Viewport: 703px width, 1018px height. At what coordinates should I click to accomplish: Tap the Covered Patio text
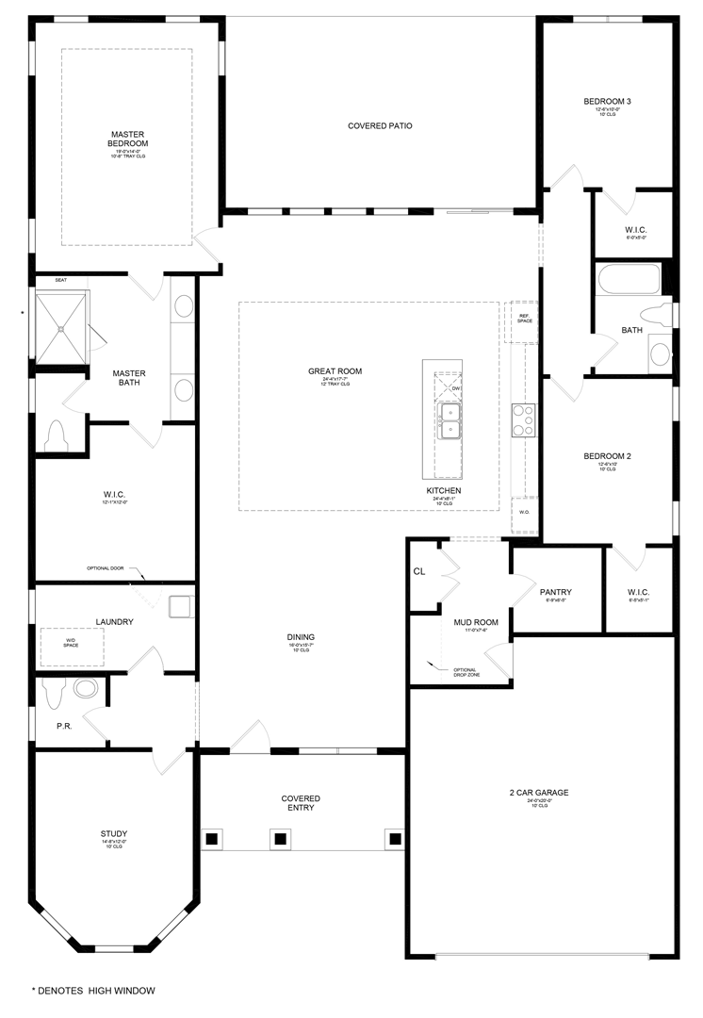click(x=380, y=125)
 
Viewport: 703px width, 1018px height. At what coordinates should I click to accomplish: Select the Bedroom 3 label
click(x=607, y=102)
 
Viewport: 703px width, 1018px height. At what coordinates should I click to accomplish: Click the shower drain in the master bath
click(x=62, y=328)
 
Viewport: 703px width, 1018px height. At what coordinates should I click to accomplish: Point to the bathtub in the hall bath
click(x=628, y=280)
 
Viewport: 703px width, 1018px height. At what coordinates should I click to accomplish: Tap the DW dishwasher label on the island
click(x=455, y=388)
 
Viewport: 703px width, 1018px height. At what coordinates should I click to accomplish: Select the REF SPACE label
click(x=524, y=318)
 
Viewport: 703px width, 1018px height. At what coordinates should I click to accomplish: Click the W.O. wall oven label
click(x=525, y=513)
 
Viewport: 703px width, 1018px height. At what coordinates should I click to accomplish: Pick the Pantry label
click(x=556, y=593)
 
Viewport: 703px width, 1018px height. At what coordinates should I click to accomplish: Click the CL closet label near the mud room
click(x=419, y=571)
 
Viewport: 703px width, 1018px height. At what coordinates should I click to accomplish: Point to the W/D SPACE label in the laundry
click(x=71, y=643)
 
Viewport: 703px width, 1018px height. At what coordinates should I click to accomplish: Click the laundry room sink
click(x=180, y=606)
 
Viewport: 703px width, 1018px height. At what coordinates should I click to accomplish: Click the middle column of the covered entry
click(x=279, y=837)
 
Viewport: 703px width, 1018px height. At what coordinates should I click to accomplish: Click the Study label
click(x=113, y=833)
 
